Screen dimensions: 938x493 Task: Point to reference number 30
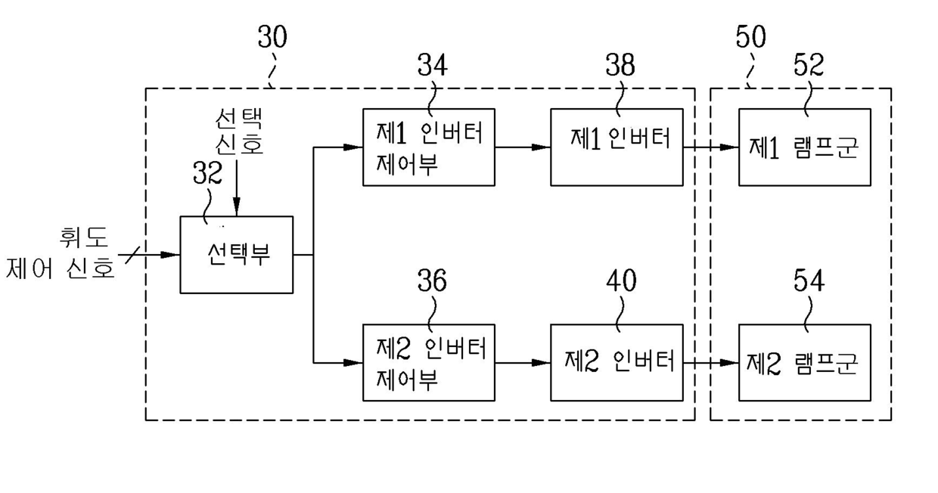(x=272, y=37)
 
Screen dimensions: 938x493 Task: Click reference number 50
(x=751, y=37)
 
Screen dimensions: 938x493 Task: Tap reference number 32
(x=207, y=173)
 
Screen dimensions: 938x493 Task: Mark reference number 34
(x=432, y=65)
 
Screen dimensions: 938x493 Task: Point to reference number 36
(x=432, y=281)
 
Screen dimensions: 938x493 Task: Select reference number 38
(x=620, y=65)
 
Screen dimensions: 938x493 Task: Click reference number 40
(x=622, y=281)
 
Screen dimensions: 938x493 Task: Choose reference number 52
(x=809, y=65)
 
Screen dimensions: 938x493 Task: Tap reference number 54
(x=809, y=281)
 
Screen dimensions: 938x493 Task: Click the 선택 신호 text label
(x=239, y=132)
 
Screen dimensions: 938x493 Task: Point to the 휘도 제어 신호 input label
(x=61, y=253)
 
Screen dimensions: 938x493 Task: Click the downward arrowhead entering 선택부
(x=237, y=206)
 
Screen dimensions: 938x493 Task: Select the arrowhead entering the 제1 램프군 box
(x=729, y=147)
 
